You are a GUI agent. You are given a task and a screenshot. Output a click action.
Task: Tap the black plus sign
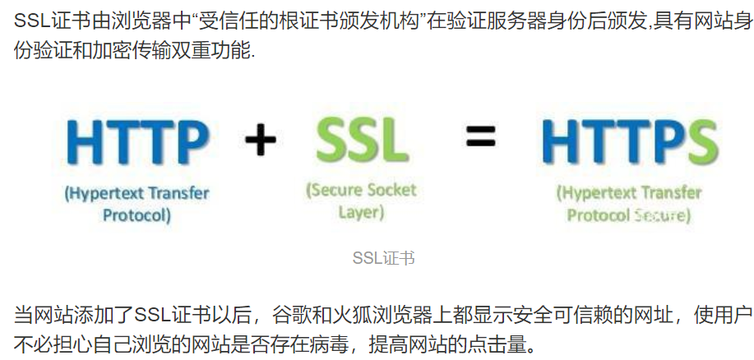pyautogui.click(x=260, y=140)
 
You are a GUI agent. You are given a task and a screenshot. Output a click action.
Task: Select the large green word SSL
pyautogui.click(x=362, y=141)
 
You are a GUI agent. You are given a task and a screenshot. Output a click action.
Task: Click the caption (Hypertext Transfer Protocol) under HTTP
pyautogui.click(x=136, y=205)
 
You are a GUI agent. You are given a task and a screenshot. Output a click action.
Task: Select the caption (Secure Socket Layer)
pyautogui.click(x=362, y=201)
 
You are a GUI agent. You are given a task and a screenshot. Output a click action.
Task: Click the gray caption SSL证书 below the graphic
pyautogui.click(x=383, y=258)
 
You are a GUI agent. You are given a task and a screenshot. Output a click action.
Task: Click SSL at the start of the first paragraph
pyautogui.click(x=32, y=17)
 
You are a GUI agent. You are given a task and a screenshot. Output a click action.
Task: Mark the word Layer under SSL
pyautogui.click(x=362, y=213)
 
